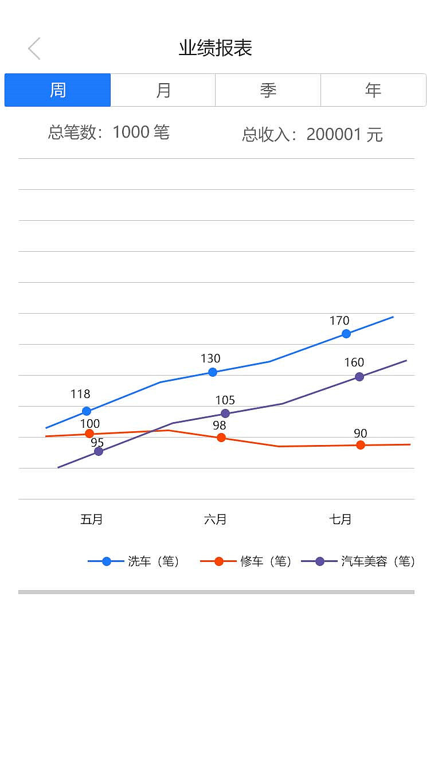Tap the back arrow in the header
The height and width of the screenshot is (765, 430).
[34, 49]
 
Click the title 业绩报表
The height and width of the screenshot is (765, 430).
[215, 48]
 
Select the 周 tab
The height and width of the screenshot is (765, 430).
[57, 90]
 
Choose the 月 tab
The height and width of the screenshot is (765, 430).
[163, 90]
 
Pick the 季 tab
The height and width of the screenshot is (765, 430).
[268, 90]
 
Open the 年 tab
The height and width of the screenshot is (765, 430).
[373, 90]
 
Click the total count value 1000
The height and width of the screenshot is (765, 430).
[131, 132]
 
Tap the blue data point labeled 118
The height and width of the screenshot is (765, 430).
[87, 411]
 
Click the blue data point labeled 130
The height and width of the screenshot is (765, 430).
[213, 372]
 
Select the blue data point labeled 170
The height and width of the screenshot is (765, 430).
[346, 334]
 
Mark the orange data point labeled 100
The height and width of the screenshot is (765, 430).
[89, 434]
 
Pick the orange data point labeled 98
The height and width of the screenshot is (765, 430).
[221, 438]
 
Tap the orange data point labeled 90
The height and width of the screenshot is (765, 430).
[361, 445]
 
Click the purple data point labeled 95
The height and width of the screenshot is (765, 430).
[99, 451]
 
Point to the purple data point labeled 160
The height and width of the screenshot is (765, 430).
[359, 377]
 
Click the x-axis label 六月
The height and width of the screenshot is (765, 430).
[215, 520]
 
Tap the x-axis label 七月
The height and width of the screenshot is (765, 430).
[341, 520]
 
